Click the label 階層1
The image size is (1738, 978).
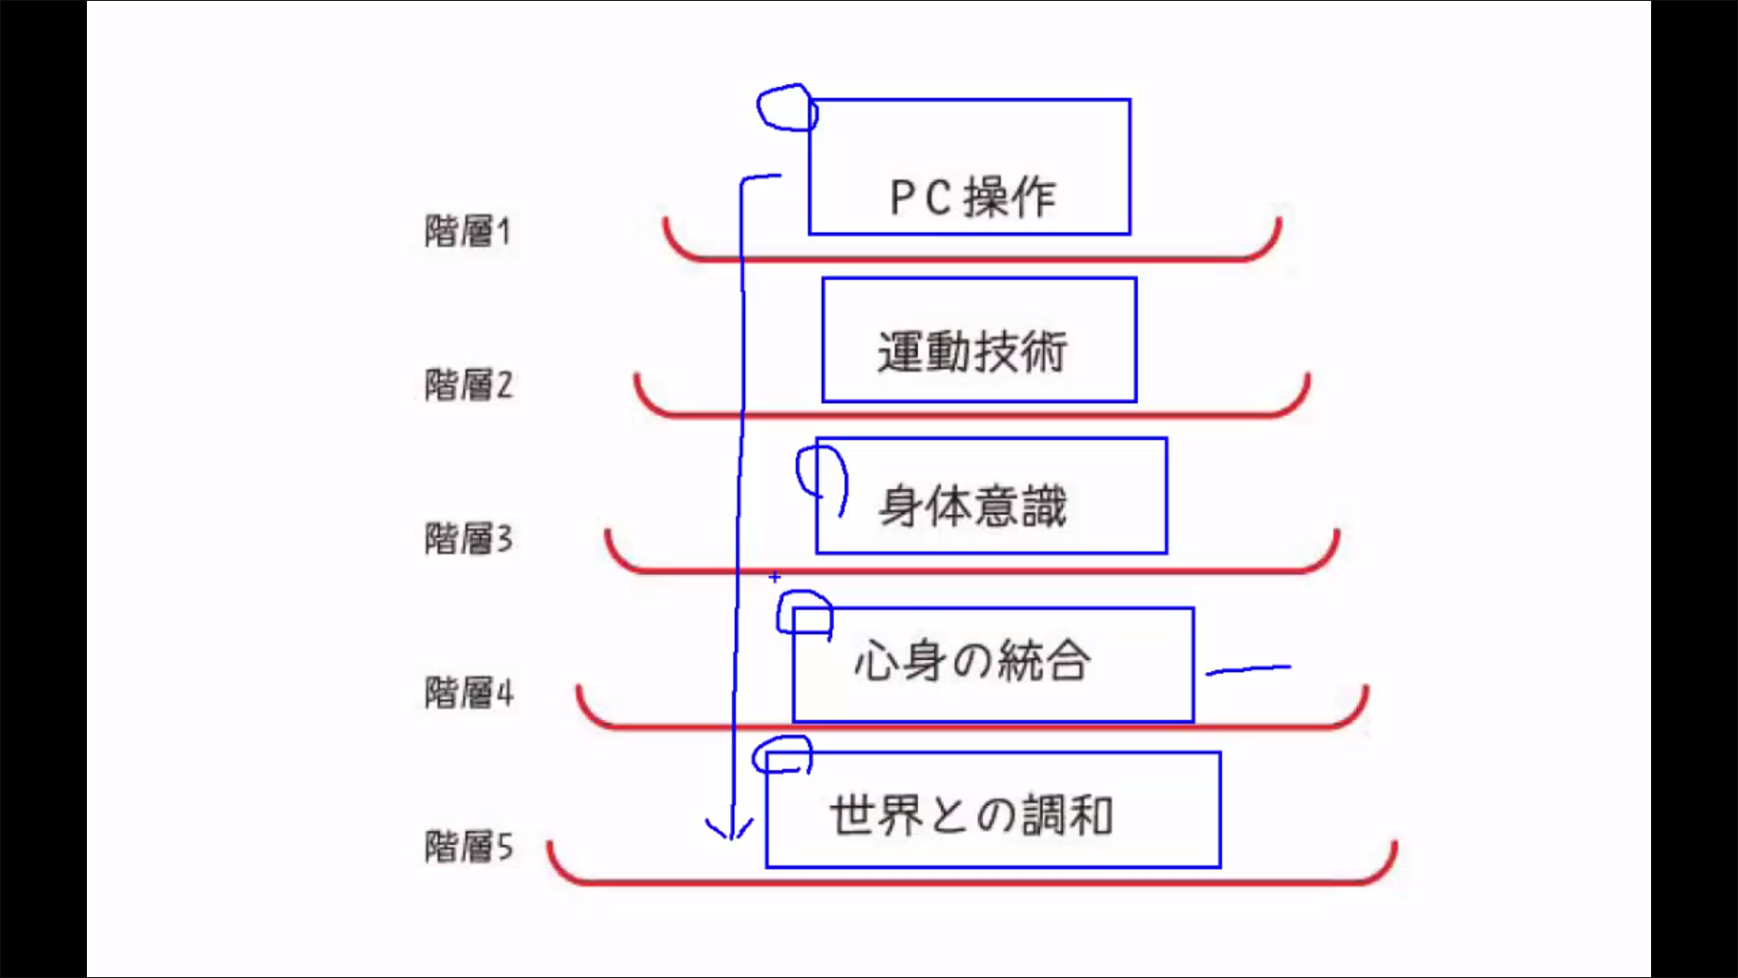coord(468,231)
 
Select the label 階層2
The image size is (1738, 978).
coord(468,385)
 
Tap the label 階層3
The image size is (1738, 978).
coord(468,539)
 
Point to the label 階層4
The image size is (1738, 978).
coord(468,693)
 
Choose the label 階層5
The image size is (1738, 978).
coord(468,847)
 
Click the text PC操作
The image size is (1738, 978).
coord(972,197)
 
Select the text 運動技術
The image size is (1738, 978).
coord(972,351)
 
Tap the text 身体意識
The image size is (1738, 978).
coord(972,505)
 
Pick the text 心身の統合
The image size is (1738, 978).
coord(972,660)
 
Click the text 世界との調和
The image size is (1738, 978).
coord(972,815)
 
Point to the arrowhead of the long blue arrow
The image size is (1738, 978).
coord(730,831)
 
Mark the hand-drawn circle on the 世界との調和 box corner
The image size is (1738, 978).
coord(783,754)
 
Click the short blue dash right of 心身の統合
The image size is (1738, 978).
coord(1248,669)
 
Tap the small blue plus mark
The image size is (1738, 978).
coord(775,577)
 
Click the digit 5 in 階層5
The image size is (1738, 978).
coord(504,848)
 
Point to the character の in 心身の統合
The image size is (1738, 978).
coord(971,661)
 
